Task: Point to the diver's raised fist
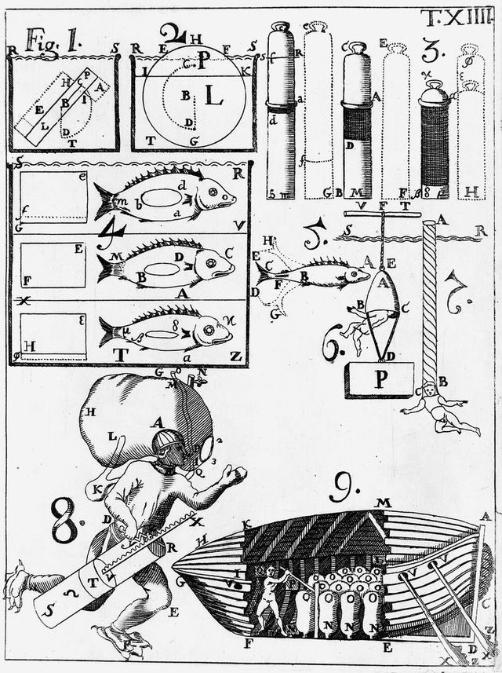click(235, 473)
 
